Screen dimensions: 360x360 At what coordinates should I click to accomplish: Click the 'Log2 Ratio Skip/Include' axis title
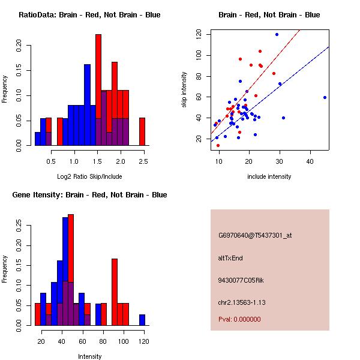point(89,176)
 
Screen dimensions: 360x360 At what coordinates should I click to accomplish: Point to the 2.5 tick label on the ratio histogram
point(143,161)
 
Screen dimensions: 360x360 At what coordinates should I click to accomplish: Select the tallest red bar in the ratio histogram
point(98,90)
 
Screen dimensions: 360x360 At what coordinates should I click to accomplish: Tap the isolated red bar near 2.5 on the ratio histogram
point(142,131)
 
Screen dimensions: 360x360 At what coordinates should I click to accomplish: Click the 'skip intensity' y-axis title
point(184,89)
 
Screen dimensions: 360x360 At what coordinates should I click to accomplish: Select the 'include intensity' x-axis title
point(269,176)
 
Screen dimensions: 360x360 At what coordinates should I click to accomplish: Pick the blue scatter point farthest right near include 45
point(325,97)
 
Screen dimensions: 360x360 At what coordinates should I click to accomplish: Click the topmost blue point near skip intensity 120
point(277,34)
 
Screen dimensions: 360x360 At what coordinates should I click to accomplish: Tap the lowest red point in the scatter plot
point(218,145)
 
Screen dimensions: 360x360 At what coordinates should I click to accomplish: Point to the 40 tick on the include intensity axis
point(310,161)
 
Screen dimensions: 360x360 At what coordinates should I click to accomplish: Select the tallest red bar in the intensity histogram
point(71,269)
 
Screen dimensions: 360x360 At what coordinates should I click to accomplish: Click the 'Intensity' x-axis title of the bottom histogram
point(89,356)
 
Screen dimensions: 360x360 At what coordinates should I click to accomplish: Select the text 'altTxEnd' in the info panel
point(230,258)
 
